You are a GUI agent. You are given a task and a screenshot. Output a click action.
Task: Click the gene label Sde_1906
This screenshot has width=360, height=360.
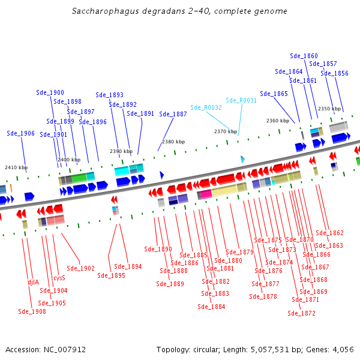[21, 133]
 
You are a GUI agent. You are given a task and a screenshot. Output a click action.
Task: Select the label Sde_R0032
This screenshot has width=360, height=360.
[206, 107]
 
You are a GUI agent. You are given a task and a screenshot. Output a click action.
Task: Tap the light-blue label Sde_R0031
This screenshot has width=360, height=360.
[241, 100]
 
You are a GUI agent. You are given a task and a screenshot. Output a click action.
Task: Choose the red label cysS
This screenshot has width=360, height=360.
[59, 278]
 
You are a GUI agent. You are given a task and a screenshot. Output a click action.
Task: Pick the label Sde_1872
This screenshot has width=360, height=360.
[301, 313]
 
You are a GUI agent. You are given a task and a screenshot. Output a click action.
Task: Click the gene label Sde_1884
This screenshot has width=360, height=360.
[211, 307]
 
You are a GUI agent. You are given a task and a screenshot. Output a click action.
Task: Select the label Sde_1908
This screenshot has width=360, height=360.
[32, 311]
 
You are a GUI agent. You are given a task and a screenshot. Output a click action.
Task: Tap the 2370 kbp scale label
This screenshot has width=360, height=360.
[226, 131]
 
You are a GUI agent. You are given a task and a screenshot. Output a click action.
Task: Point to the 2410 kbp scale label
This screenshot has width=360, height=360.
[16, 167]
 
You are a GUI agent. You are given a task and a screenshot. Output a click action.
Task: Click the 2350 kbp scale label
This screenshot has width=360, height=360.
[329, 109]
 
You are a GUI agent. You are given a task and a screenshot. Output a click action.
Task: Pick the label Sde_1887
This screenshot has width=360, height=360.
[173, 114]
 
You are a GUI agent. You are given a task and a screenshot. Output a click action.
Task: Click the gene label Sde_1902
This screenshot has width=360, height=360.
[81, 268]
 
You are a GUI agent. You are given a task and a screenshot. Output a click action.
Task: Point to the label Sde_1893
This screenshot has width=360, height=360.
[110, 95]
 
